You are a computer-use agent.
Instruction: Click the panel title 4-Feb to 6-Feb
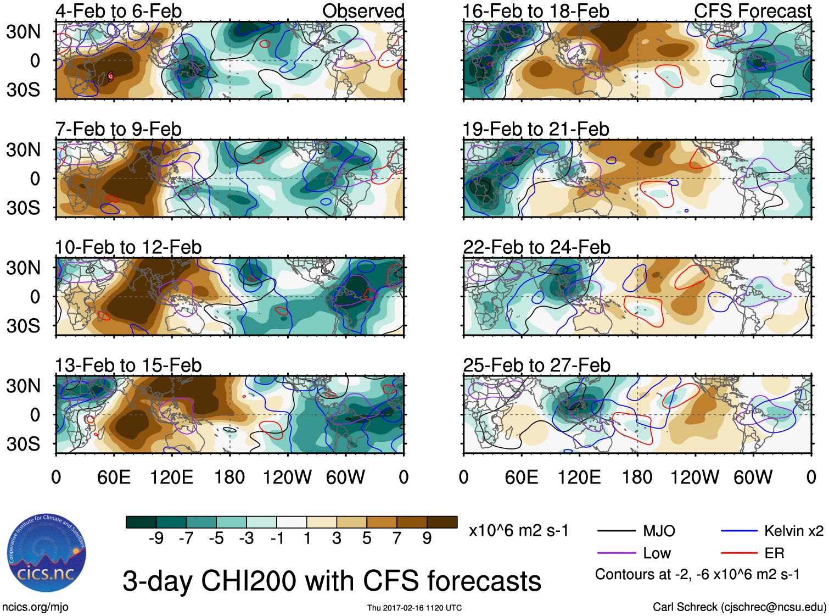pyautogui.click(x=119, y=11)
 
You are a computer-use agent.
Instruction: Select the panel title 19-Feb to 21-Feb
pyautogui.click(x=536, y=129)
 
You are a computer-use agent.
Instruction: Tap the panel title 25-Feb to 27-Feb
pyautogui.click(x=536, y=365)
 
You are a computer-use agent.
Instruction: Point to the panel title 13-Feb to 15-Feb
pyautogui.click(x=128, y=365)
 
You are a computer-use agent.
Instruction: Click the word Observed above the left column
pyautogui.click(x=363, y=11)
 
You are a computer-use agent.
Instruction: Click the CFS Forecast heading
pyautogui.click(x=752, y=11)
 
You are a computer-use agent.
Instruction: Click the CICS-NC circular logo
pyautogui.click(x=47, y=553)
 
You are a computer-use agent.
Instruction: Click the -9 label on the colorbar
pyautogui.click(x=156, y=539)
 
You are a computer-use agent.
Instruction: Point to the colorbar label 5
pyautogui.click(x=367, y=539)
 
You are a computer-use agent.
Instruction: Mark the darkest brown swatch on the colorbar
pyautogui.click(x=442, y=522)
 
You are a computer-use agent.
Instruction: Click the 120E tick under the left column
pyautogui.click(x=171, y=477)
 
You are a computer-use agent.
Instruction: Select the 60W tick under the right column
pyautogui.click(x=753, y=477)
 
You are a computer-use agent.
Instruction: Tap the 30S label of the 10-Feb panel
pyautogui.click(x=23, y=326)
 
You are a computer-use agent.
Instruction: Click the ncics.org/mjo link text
pyautogui.click(x=35, y=607)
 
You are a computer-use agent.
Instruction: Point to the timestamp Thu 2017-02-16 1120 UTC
pyautogui.click(x=414, y=608)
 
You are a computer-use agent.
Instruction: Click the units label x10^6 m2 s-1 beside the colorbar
pyautogui.click(x=519, y=531)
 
